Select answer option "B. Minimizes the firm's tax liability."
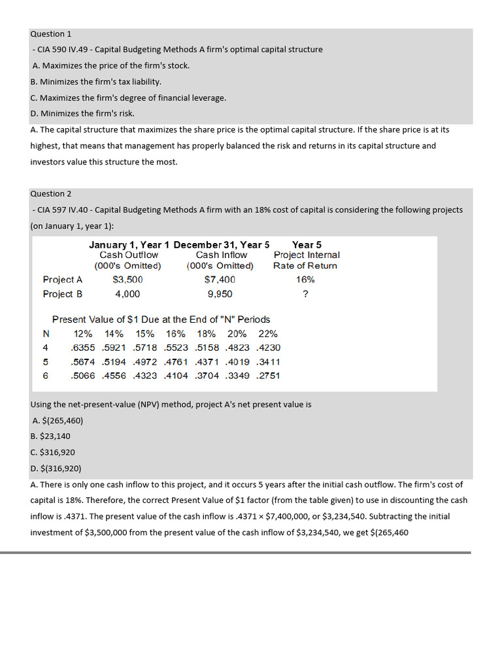coord(96,82)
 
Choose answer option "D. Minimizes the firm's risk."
coord(82,114)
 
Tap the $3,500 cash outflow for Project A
coord(127,280)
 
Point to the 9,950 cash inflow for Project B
coord(220,294)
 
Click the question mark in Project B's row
coord(305,294)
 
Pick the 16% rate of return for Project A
coord(305,280)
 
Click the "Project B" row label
coord(63,294)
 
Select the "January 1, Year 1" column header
coord(129,245)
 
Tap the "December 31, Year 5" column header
coord(222,245)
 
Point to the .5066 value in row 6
coord(83,376)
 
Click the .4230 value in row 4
coord(269,348)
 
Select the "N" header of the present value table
coord(46,334)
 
